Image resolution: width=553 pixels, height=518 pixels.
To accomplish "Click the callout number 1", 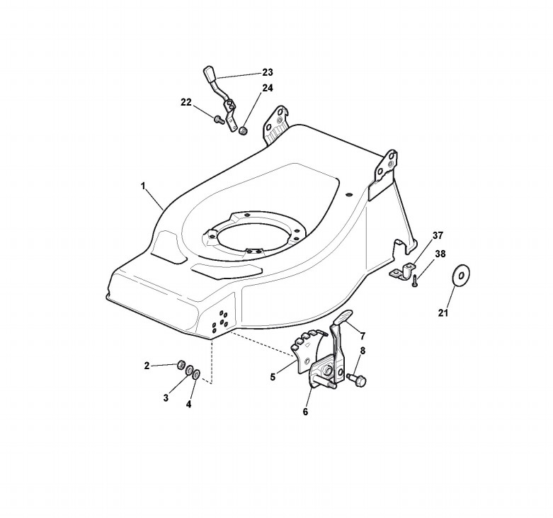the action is point(143,186).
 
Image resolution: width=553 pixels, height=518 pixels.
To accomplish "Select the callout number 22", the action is point(186,102).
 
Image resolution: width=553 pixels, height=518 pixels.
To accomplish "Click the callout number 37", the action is point(438,235).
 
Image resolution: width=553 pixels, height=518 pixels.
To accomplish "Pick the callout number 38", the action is point(440,253).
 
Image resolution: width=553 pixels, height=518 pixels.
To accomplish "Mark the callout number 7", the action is point(362,335).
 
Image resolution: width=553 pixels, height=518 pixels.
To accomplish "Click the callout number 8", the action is point(363,350).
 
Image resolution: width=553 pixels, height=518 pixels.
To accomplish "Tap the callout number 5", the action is point(273,378).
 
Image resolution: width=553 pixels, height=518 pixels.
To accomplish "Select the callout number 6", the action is point(306,412).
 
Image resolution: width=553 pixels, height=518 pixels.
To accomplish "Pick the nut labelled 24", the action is point(243,130).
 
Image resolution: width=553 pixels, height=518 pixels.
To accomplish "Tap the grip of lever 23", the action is point(209,74).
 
